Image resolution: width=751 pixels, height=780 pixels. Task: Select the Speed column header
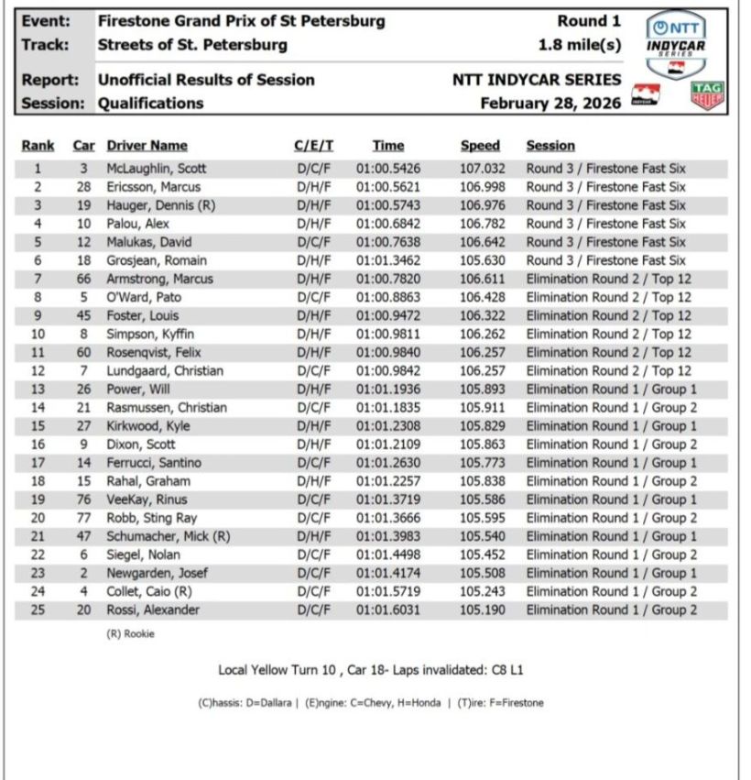tap(480, 145)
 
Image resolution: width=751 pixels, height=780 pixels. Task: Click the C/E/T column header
tap(313, 145)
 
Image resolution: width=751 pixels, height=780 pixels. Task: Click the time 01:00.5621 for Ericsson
tap(391, 187)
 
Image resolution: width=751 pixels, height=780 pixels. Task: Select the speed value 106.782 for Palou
tap(483, 224)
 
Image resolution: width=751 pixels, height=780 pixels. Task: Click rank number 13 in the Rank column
tap(38, 389)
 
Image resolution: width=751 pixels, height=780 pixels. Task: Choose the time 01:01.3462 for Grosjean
tap(391, 260)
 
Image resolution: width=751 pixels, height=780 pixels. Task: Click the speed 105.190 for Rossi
tap(483, 610)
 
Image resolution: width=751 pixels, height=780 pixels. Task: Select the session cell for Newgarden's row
tap(611, 573)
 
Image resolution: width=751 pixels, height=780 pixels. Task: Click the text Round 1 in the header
tap(589, 21)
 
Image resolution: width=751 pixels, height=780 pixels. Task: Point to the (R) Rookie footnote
tap(129, 634)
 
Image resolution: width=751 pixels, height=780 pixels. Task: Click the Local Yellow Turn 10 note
tap(370, 670)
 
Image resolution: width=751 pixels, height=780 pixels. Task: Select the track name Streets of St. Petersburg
tap(192, 44)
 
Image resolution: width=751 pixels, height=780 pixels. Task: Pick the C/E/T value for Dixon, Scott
tap(313, 445)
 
